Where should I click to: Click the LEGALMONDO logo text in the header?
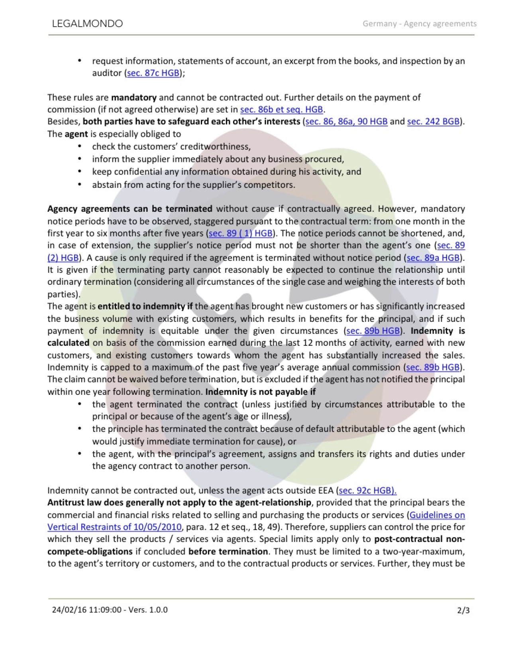click(x=87, y=24)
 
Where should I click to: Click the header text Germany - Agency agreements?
click(x=419, y=24)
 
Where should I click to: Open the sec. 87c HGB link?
click(x=153, y=73)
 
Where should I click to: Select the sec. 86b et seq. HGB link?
click(x=281, y=109)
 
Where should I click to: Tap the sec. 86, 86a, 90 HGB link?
click(x=346, y=121)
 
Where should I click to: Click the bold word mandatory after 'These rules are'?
click(x=134, y=97)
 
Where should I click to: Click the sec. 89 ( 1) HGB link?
click(x=241, y=233)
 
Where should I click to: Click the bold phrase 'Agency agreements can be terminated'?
click(x=130, y=209)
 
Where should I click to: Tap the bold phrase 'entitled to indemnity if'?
click(x=145, y=306)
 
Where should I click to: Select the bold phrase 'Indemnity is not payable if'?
click(x=261, y=392)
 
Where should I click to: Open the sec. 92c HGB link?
click(x=367, y=491)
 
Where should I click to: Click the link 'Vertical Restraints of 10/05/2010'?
click(x=114, y=527)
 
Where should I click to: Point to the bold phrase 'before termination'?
click(x=228, y=552)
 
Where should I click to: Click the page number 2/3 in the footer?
click(x=463, y=610)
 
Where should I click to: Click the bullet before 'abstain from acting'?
click(x=80, y=185)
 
